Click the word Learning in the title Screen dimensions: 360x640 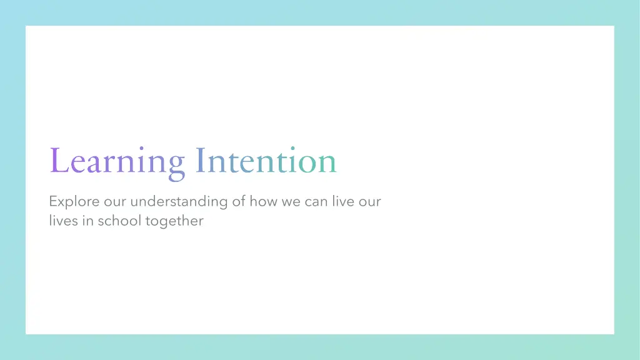click(x=117, y=161)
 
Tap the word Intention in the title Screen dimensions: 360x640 click(x=266, y=161)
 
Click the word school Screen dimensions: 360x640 click(x=119, y=221)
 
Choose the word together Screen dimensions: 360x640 click(x=174, y=221)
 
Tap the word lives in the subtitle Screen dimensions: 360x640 click(x=63, y=221)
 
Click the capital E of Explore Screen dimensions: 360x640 click(x=52, y=201)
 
